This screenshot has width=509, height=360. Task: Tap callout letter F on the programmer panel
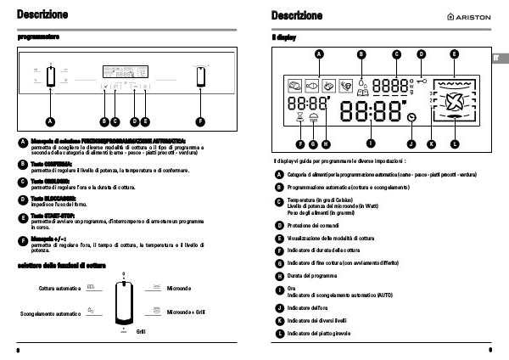[200, 121]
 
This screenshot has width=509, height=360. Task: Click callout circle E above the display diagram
[454, 54]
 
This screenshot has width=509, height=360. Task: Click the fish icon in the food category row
[311, 85]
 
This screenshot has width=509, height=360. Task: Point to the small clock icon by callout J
[411, 117]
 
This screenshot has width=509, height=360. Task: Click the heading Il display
[283, 38]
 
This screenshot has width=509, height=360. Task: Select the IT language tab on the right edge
[500, 57]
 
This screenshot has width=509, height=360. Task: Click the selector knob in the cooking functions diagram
[124, 301]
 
